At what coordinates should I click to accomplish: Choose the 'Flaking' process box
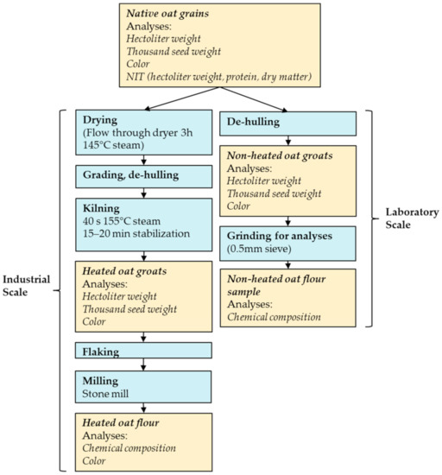[142, 351]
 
